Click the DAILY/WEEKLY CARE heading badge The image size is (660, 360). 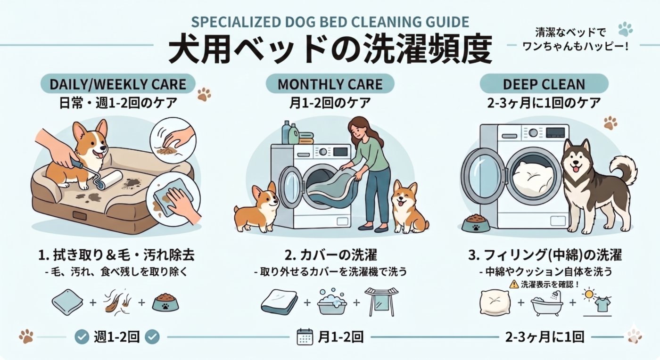coord(118,84)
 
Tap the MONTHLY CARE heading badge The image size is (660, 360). coord(330,84)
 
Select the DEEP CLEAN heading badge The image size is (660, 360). coord(544,84)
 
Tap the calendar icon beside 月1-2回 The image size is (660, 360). coord(305,336)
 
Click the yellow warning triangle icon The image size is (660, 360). coord(514,284)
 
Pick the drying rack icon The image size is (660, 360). coord(381,302)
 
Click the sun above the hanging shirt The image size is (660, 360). coord(589,294)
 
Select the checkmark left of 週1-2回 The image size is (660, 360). coord(82,337)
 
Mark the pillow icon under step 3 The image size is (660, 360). coord(495,303)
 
